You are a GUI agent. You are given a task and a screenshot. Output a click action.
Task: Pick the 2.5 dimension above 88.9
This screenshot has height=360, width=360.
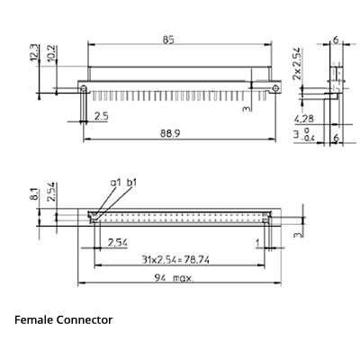point(102,116)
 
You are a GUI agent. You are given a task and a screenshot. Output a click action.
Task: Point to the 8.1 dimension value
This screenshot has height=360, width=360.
point(35,193)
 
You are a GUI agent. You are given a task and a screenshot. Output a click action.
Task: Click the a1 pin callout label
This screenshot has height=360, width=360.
point(115,183)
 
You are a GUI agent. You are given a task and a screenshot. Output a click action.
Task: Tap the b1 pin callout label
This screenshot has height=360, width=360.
point(131,183)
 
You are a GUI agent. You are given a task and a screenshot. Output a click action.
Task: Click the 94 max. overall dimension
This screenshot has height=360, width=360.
point(175,278)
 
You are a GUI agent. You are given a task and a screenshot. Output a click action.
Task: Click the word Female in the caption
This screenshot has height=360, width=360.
point(34,320)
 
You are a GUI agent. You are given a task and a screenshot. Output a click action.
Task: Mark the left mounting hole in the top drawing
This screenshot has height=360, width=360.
point(84,88)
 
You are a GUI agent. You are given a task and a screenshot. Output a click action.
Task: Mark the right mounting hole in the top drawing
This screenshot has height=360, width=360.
point(270,87)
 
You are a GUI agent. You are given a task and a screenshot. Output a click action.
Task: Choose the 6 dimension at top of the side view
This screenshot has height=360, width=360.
point(335,40)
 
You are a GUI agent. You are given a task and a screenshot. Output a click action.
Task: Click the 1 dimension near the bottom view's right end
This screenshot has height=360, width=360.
point(257,243)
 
